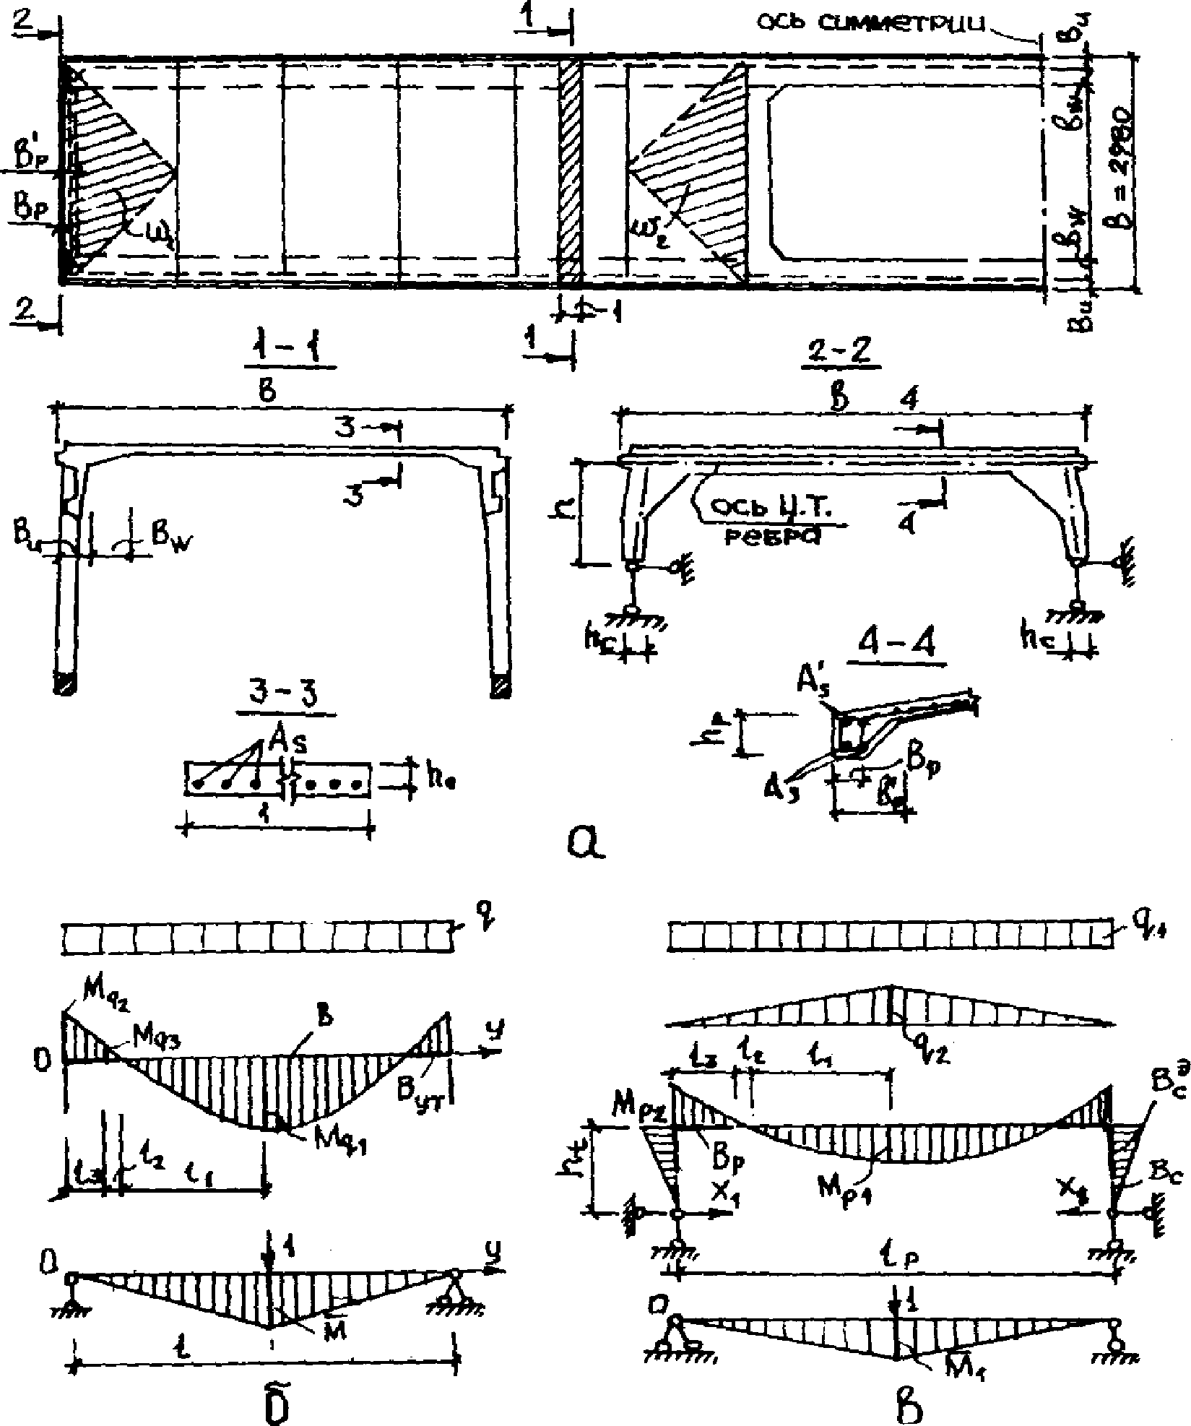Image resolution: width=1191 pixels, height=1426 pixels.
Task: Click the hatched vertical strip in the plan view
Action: coord(570,173)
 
